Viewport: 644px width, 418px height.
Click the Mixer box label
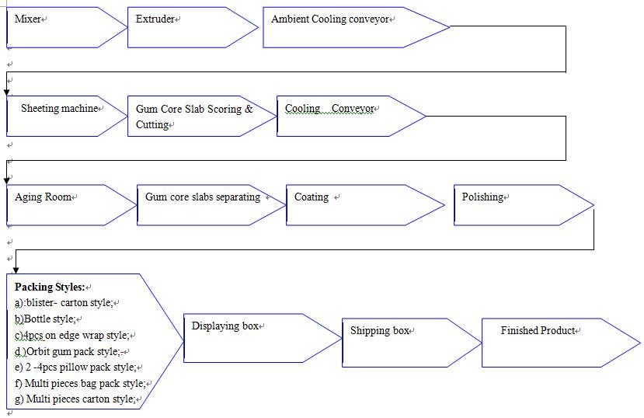(x=27, y=19)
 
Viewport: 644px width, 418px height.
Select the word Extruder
(x=155, y=19)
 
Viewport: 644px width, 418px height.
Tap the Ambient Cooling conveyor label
(x=330, y=19)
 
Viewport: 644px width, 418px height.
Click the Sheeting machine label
(x=60, y=109)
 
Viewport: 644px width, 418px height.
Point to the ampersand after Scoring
(x=249, y=109)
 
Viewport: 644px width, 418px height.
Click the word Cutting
(x=152, y=124)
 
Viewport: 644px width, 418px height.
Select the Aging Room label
(x=44, y=197)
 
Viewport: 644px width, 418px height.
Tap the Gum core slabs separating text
(x=203, y=197)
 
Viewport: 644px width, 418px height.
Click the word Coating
(x=312, y=197)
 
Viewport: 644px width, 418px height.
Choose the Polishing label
(x=482, y=197)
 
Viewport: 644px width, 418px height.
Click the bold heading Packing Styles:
(x=50, y=287)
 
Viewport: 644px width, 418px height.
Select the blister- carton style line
(x=64, y=302)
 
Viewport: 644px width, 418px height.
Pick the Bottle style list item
(x=45, y=319)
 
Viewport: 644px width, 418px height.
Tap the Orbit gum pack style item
(x=68, y=351)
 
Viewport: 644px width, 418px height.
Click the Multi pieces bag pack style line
(x=80, y=384)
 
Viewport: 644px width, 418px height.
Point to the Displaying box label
(x=225, y=326)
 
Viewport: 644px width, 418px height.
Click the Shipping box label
(x=380, y=330)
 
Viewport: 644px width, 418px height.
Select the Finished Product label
(x=538, y=330)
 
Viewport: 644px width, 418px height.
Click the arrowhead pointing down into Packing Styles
(x=16, y=270)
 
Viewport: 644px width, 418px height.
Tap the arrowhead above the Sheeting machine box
(x=6, y=92)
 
